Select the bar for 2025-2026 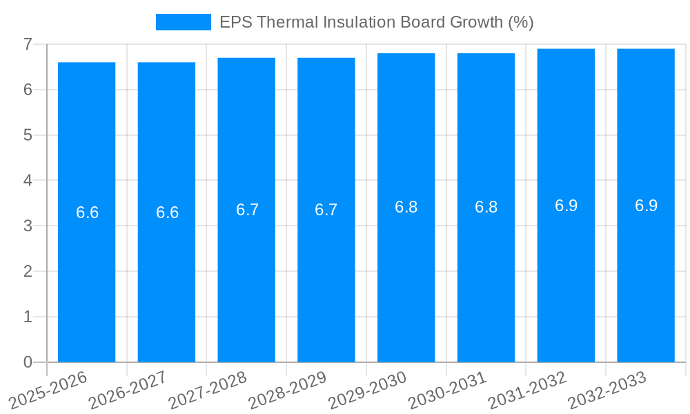coord(86,276)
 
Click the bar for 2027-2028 coord(246,276)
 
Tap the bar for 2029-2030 coord(406,276)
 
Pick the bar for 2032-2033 coord(646,276)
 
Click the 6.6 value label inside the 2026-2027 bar coord(167,213)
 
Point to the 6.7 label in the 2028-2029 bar coord(326,210)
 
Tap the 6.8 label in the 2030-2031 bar coord(486,207)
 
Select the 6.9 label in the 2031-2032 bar coord(566,206)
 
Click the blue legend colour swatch coord(183,22)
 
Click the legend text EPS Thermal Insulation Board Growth coord(376,22)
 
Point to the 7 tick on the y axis coord(28,44)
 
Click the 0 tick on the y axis coord(28,362)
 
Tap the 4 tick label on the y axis coord(28,181)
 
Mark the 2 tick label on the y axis coord(28,271)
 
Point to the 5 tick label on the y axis coord(28,135)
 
